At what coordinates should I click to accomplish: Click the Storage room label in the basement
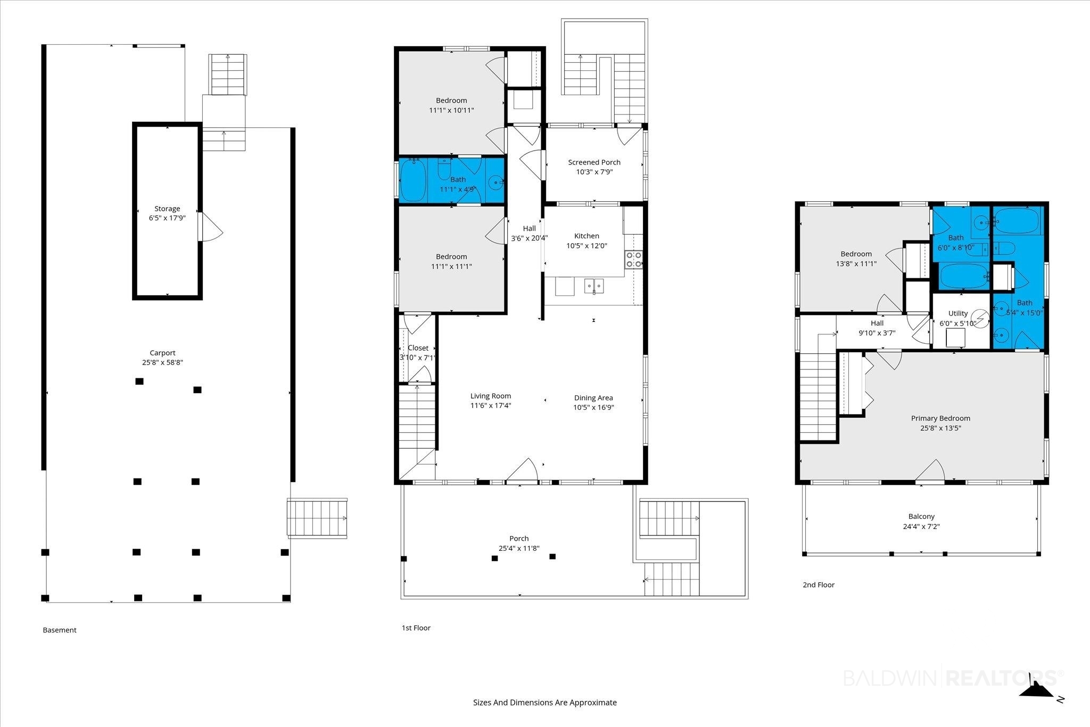tap(167, 209)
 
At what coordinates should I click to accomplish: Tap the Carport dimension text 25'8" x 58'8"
tap(162, 362)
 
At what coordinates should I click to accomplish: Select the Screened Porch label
tap(594, 162)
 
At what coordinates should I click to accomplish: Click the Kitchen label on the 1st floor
tap(587, 236)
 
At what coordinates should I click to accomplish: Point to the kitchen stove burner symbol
tap(633, 259)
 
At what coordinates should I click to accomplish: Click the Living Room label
tap(491, 396)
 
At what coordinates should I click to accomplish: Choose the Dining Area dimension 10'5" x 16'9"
tap(593, 408)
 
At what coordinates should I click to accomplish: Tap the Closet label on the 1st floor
tap(418, 348)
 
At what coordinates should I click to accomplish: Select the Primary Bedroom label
tap(940, 418)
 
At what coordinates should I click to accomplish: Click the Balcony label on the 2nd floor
tap(921, 516)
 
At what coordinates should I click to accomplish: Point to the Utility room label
tap(957, 313)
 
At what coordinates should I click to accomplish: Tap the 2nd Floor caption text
tap(819, 585)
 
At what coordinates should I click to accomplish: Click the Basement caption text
tap(60, 630)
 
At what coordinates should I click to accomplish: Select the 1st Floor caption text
tap(416, 628)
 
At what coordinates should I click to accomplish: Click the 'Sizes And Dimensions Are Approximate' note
tap(545, 703)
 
